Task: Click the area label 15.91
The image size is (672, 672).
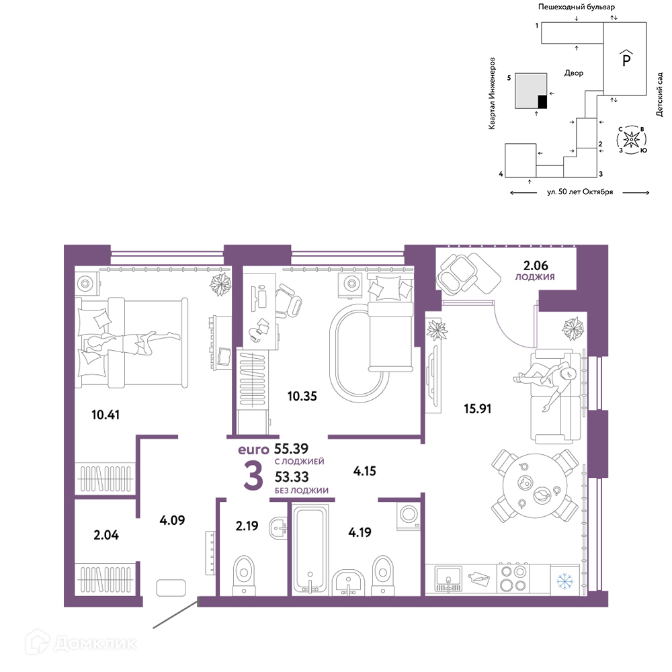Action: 477,409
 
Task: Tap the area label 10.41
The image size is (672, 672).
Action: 106,415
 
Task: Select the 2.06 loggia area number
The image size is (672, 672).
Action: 536,265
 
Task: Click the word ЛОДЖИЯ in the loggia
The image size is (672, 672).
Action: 535,277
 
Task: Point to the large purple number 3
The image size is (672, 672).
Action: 253,476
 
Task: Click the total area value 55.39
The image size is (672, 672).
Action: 291,448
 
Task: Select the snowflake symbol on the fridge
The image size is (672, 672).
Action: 564,581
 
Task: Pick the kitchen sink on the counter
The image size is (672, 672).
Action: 448,579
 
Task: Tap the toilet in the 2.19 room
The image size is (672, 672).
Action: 243,575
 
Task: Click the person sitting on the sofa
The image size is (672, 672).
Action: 545,382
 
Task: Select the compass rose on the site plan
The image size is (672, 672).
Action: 631,140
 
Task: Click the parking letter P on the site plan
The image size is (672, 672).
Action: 626,58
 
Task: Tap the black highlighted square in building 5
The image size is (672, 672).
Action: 542,101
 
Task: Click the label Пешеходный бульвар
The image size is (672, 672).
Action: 577,7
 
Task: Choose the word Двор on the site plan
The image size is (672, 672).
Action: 574,73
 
